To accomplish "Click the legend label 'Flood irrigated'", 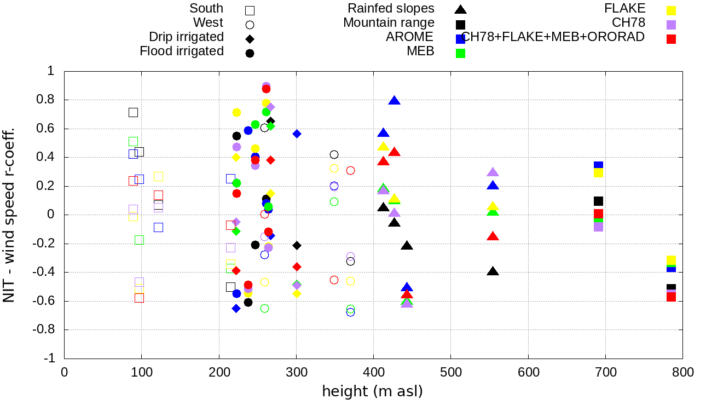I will pyautogui.click(x=182, y=51).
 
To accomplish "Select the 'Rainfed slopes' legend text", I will pyautogui.click(x=391, y=8).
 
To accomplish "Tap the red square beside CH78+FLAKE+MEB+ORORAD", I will pyautogui.click(x=672, y=39).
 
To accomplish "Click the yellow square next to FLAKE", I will pyautogui.click(x=672, y=10).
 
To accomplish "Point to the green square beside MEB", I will pyautogui.click(x=461, y=53).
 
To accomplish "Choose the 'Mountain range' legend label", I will pyautogui.click(x=389, y=23).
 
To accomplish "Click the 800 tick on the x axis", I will pyautogui.click(x=682, y=373).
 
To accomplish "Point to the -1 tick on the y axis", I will pyautogui.click(x=50, y=358).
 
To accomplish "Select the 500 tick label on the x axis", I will pyautogui.click(x=450, y=373).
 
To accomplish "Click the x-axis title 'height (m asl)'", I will pyautogui.click(x=373, y=392).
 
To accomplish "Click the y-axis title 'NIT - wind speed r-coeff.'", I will pyautogui.click(x=9, y=215).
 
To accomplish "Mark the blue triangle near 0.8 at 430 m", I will pyautogui.click(x=395, y=100).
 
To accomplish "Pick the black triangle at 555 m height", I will pyautogui.click(x=493, y=271).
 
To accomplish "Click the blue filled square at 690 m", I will pyautogui.click(x=598, y=165).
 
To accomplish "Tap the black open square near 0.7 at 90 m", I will pyautogui.click(x=133, y=112).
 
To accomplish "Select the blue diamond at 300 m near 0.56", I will pyautogui.click(x=297, y=134).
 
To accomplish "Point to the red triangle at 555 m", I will pyautogui.click(x=493, y=236).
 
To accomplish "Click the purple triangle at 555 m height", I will pyautogui.click(x=493, y=172).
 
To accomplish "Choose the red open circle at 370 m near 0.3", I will pyautogui.click(x=351, y=170).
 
